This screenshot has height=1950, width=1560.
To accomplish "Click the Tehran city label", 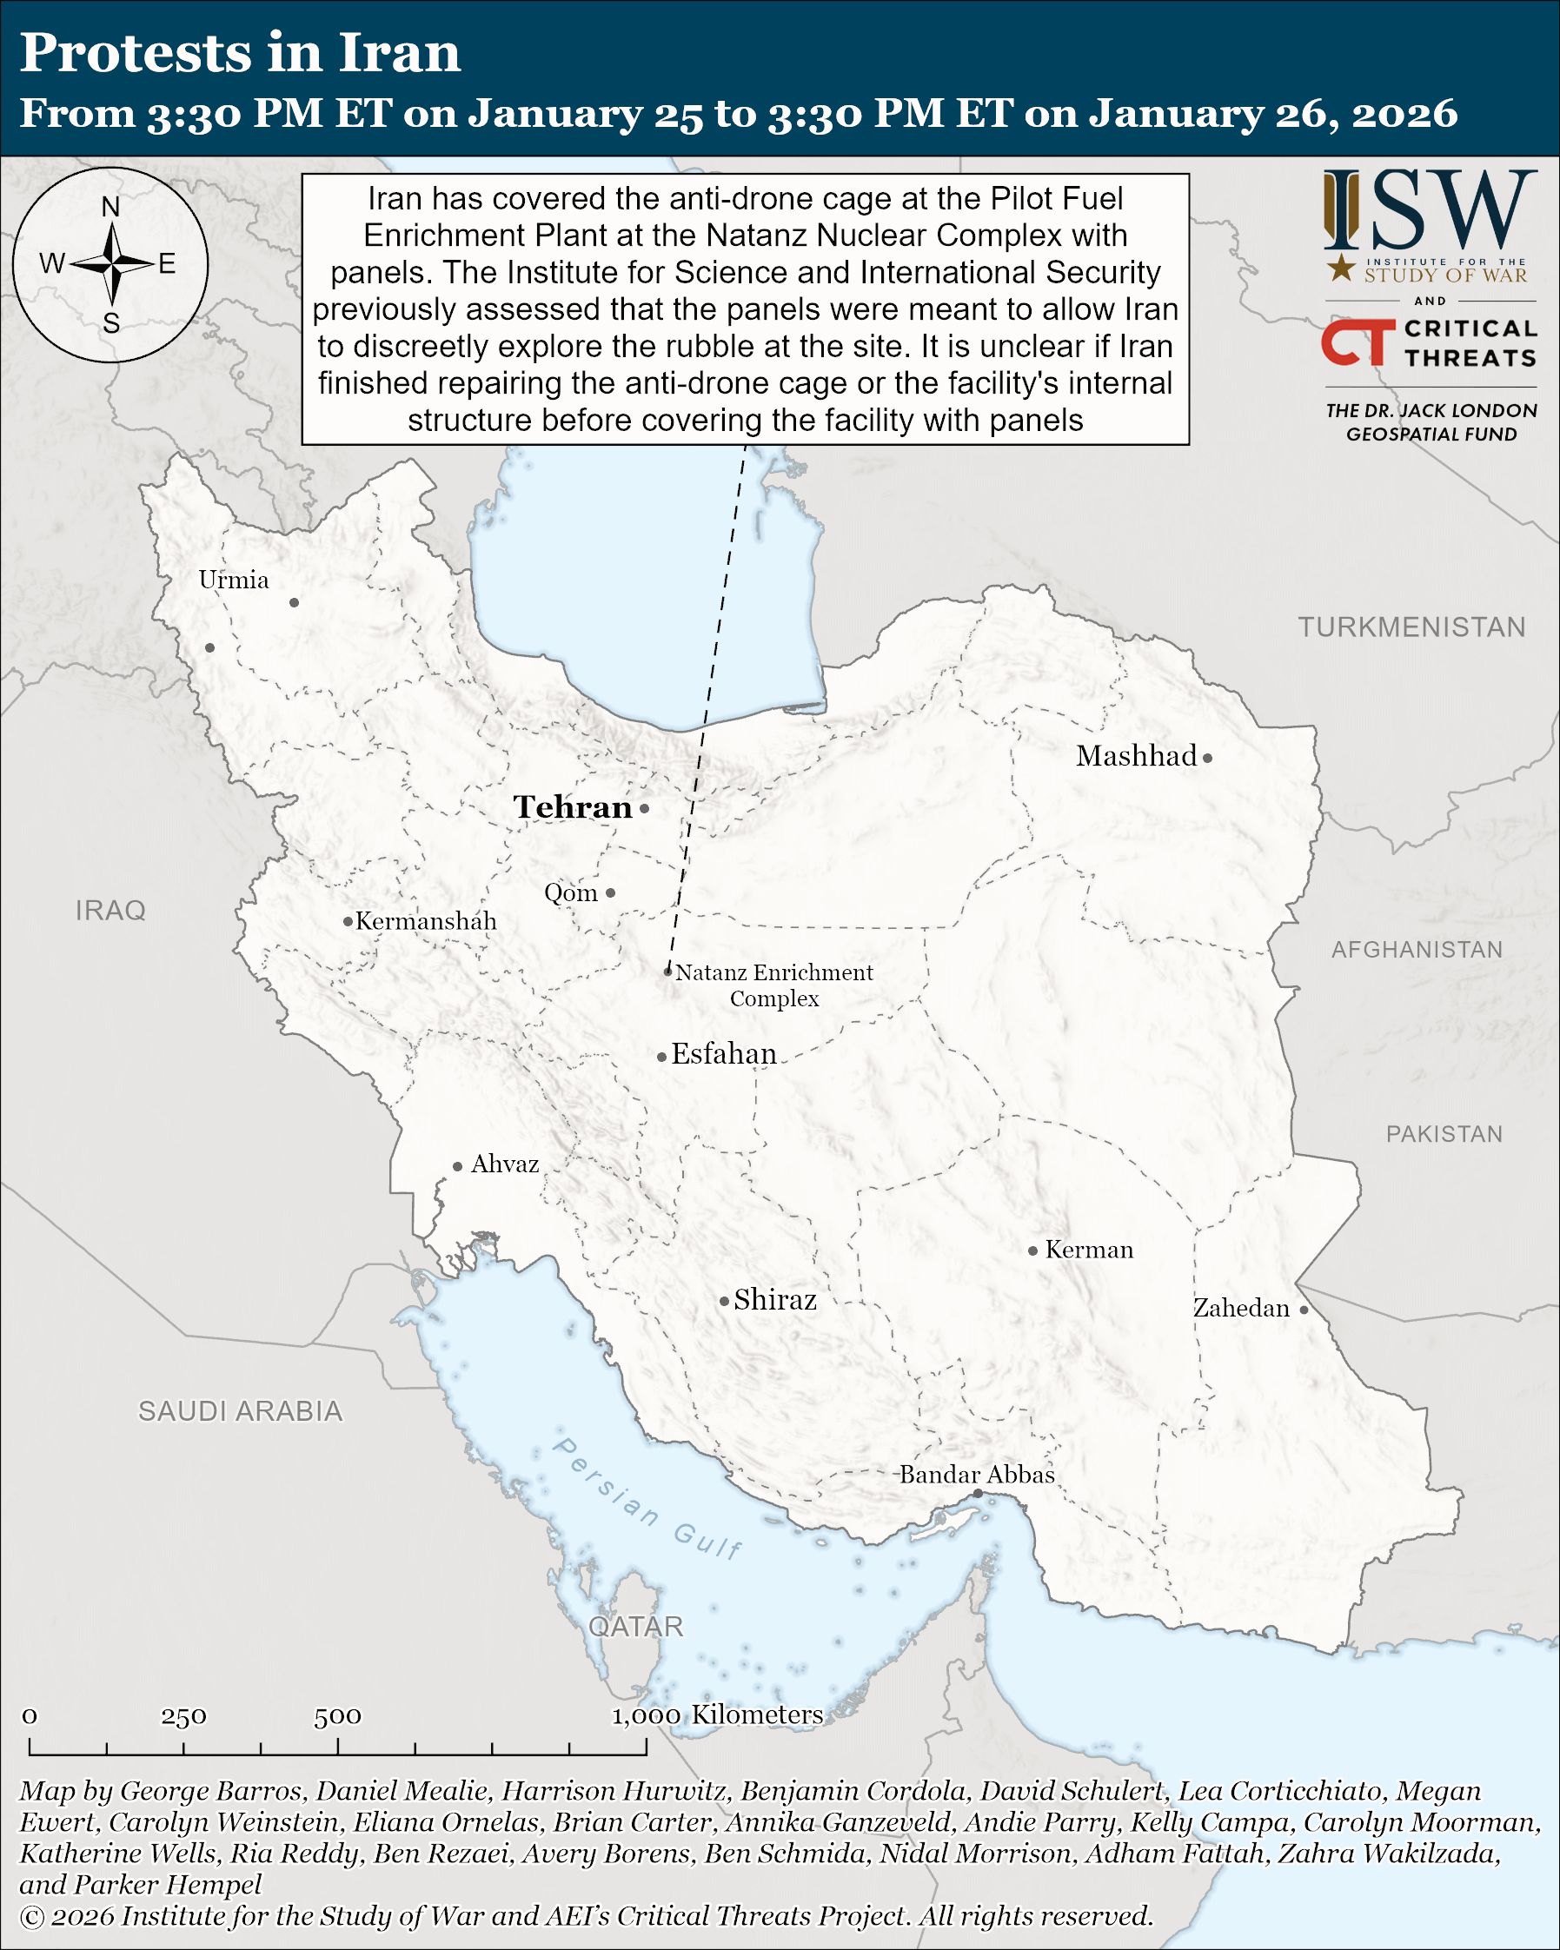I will tap(573, 807).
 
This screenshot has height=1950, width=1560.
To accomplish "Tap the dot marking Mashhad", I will tap(1207, 758).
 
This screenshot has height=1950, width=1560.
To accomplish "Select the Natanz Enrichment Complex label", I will tap(774, 985).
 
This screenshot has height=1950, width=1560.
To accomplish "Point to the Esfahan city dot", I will tap(662, 1057).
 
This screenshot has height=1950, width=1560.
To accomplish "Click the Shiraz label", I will tap(775, 1300).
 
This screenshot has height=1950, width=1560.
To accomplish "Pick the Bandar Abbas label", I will tap(977, 1475).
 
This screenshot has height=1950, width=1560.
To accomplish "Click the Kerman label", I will tap(1089, 1250).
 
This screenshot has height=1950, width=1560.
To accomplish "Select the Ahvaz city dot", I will tap(458, 1167).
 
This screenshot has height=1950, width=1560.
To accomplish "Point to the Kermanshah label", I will tap(426, 922).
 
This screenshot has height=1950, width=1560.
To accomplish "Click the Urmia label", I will tap(235, 580).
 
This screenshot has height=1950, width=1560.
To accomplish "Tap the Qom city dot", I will tap(610, 892).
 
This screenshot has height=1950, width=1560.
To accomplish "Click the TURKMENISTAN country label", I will tap(1411, 627).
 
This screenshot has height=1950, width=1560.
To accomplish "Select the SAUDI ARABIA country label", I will tap(241, 1411).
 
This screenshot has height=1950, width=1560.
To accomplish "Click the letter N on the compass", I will tap(110, 207).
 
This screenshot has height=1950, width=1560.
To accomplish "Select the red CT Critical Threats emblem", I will tap(1358, 342).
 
